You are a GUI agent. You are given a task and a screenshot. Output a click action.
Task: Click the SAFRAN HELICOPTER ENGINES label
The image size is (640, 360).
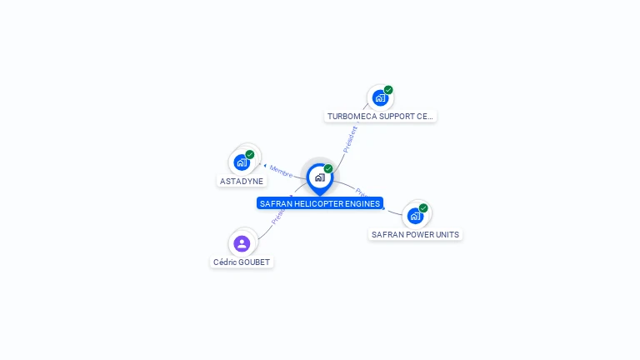320,203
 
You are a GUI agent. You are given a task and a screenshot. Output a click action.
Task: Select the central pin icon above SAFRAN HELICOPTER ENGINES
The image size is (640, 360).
319,177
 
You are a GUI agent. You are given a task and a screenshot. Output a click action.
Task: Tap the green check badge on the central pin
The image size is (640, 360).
328,169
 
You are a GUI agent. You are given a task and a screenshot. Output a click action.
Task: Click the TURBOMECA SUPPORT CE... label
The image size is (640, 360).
380,116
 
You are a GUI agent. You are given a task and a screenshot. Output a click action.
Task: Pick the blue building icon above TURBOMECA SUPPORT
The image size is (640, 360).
380,98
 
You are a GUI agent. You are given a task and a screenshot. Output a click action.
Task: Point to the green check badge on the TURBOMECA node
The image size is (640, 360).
388,90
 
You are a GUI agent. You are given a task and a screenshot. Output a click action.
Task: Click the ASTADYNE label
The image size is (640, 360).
242,181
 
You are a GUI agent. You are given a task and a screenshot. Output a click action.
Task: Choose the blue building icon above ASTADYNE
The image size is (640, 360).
242,162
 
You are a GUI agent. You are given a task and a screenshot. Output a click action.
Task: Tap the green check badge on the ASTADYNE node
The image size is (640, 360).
250,154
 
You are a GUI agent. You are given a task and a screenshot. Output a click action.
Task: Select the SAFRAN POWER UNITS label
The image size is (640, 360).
415,234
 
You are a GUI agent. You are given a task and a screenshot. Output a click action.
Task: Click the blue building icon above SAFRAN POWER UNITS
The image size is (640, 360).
415,216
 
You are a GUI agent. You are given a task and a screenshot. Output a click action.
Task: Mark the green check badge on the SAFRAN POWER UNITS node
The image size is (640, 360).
423,208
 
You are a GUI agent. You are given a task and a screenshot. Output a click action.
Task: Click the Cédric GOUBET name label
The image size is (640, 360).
242,262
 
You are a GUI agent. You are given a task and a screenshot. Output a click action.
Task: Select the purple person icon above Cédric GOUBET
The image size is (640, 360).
242,243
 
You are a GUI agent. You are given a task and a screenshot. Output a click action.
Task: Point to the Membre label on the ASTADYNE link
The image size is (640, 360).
282,172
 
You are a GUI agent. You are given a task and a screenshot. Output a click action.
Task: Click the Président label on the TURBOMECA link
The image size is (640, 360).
351,138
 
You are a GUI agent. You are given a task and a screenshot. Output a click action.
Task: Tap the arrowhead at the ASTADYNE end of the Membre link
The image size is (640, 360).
264,166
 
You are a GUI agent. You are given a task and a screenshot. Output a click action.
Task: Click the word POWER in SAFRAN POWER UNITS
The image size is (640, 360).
416,234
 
